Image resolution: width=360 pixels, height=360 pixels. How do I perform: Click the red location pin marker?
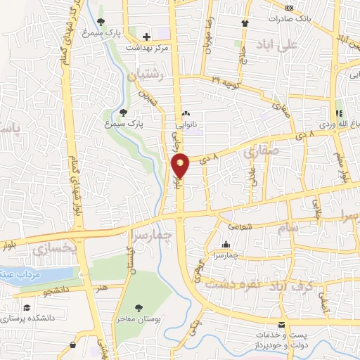(x=181, y=166)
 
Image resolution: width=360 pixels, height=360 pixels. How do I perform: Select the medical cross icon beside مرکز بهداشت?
(x=146, y=37)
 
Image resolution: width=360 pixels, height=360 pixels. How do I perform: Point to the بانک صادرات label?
(x=292, y=19)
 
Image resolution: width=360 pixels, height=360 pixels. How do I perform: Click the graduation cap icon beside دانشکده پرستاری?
(x=26, y=308)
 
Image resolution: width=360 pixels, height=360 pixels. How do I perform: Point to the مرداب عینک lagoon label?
(x=25, y=274)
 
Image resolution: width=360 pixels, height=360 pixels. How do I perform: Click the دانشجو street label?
(x=56, y=289)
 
